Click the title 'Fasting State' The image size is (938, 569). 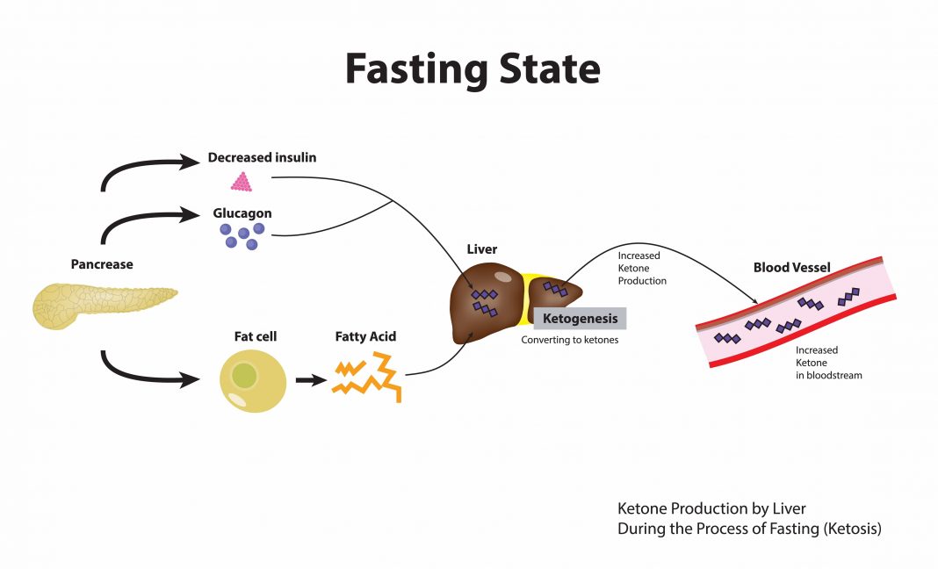pyautogui.click(x=472, y=68)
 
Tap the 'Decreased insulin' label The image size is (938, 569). pyautogui.click(x=262, y=158)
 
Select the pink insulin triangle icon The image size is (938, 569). pyautogui.click(x=242, y=182)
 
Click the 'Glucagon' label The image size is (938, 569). pyautogui.click(x=242, y=213)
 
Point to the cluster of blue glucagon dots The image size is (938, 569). pyautogui.click(x=242, y=234)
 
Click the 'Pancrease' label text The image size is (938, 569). pyautogui.click(x=102, y=264)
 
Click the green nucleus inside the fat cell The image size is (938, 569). pyautogui.click(x=245, y=377)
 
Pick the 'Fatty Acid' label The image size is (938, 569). pyautogui.click(x=365, y=336)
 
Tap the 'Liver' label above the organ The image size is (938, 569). pyautogui.click(x=481, y=249)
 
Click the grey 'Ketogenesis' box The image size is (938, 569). pyautogui.click(x=580, y=318)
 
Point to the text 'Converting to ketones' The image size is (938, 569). pyautogui.click(x=569, y=340)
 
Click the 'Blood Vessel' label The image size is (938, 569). pyautogui.click(x=792, y=267)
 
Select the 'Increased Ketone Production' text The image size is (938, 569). pyautogui.click(x=642, y=269)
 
